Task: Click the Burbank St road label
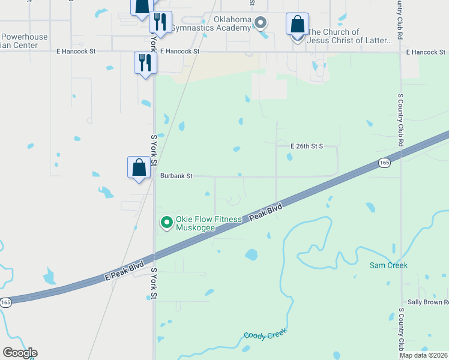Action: (176, 176)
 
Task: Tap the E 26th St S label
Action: (307, 146)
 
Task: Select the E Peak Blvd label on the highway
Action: (124, 271)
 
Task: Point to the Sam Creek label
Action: (388, 265)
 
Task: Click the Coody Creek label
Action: (265, 334)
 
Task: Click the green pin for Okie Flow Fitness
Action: (166, 223)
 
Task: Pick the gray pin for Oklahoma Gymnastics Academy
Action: (261, 23)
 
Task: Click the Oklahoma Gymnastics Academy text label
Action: (211, 24)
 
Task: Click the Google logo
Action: (20, 353)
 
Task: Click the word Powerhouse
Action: (24, 37)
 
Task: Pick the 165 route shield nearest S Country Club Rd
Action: (384, 163)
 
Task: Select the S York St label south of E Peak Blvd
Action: (154, 284)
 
